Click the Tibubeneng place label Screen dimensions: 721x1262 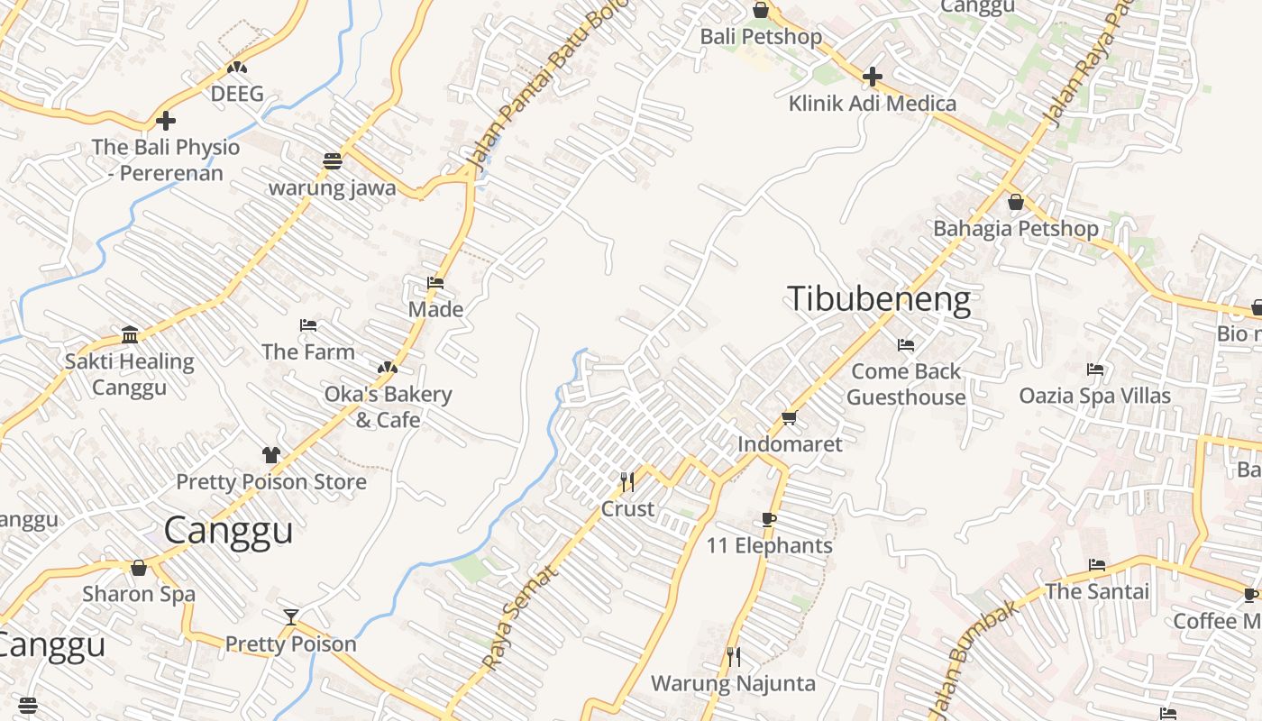(879, 299)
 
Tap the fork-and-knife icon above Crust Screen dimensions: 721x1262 (627, 482)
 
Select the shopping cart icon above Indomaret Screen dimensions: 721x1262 (790, 417)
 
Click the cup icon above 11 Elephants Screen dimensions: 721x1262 (768, 519)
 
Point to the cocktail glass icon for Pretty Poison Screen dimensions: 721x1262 (291, 617)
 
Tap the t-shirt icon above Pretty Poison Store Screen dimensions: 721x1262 (270, 454)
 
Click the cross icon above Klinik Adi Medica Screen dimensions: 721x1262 (872, 77)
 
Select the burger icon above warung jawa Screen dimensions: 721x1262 (333, 161)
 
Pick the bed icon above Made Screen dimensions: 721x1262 (435, 283)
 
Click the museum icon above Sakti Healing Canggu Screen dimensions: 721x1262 (130, 335)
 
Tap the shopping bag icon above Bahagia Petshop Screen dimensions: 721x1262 (1016, 202)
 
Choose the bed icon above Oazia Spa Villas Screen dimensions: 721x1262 (1095, 370)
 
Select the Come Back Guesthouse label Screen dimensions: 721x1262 (906, 384)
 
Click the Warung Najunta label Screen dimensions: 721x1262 (733, 683)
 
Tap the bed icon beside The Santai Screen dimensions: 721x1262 (1097, 565)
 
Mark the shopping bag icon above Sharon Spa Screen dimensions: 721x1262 (139, 568)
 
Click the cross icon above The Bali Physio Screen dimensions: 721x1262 (166, 121)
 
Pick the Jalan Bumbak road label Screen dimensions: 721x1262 (974, 658)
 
